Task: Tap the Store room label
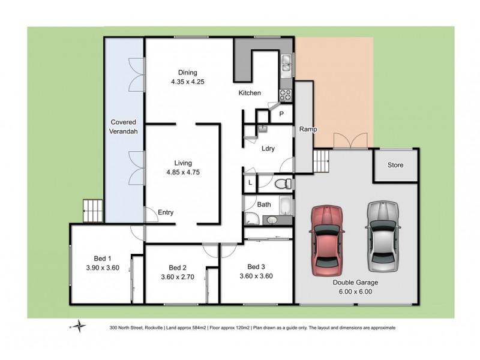[x=395, y=165]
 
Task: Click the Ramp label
[x=309, y=130]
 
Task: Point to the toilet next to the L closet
[x=287, y=182]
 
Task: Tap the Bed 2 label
[x=178, y=268]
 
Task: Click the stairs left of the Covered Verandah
[x=92, y=210]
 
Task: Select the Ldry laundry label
[x=268, y=149]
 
